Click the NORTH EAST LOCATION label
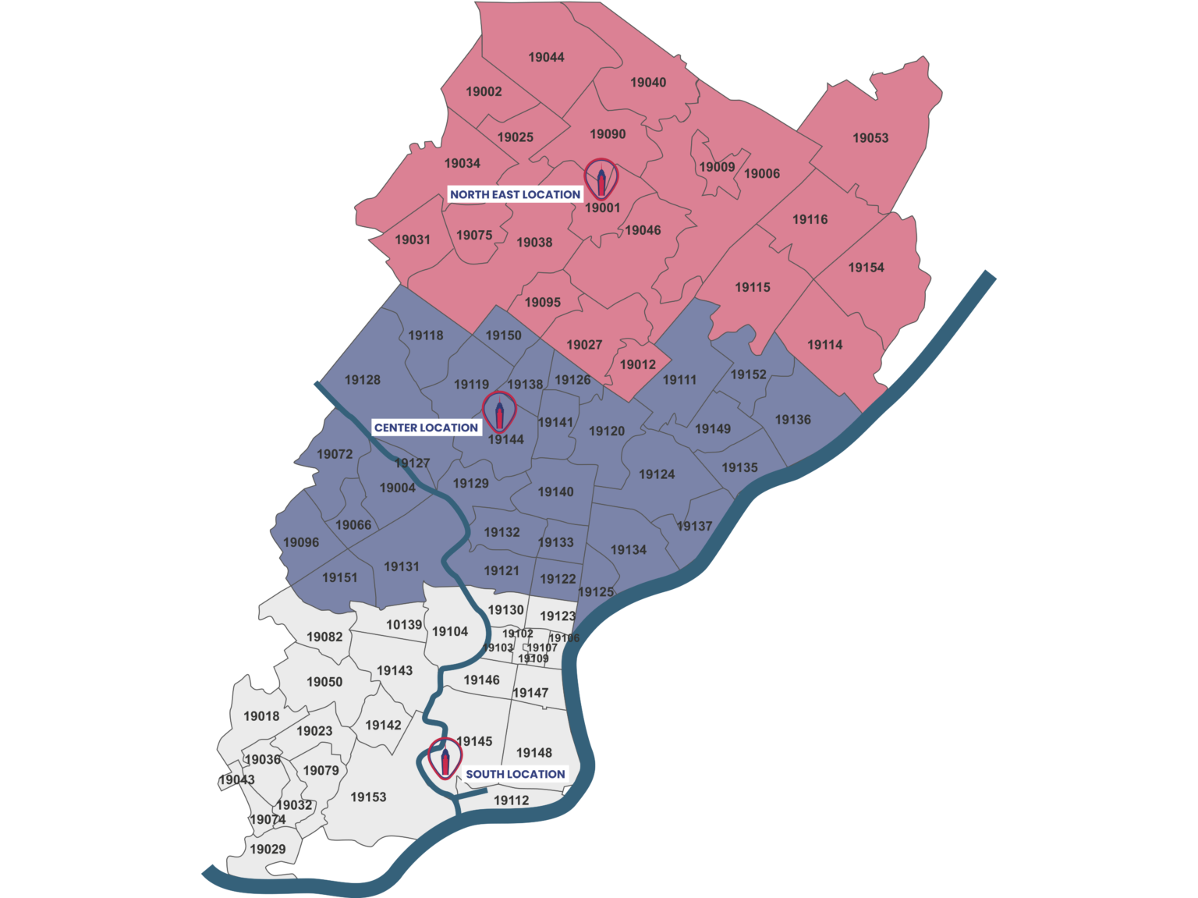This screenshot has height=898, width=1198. tap(515, 194)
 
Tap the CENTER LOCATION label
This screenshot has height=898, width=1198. tap(426, 428)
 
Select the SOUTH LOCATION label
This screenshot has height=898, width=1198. tap(515, 774)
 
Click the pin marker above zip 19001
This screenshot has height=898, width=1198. tap(601, 179)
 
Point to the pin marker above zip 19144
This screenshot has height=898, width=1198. tap(499, 412)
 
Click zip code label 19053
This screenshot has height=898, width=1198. tap(870, 138)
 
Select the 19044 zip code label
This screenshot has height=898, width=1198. tap(546, 57)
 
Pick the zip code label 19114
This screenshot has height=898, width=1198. tap(824, 345)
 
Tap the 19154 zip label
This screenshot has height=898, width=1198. tap(866, 268)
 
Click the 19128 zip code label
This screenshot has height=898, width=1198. tap(363, 380)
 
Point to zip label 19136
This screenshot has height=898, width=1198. tap(792, 420)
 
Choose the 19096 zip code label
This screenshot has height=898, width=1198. tap(301, 542)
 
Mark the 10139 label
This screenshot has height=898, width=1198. tap(404, 625)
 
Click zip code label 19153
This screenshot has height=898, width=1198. tap(368, 797)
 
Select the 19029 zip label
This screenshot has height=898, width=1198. tap(268, 849)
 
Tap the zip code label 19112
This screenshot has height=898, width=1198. tap(511, 800)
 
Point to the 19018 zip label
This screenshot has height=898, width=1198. tap(261, 716)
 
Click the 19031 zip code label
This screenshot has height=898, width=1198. tap(413, 240)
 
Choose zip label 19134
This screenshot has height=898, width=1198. tap(628, 550)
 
